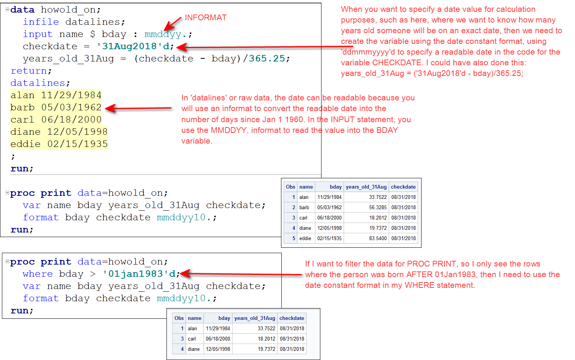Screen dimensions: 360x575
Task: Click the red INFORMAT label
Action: [205, 18]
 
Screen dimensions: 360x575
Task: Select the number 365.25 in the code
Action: [267, 58]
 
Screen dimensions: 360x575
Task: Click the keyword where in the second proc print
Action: [37, 274]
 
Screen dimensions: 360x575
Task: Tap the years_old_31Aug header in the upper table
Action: [366, 187]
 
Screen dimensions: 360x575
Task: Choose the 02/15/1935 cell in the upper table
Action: [329, 238]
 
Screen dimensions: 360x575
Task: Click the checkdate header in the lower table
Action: [292, 318]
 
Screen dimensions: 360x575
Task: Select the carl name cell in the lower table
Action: [192, 339]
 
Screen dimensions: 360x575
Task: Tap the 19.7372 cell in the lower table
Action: [266, 349]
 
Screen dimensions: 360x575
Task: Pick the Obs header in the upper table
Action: [291, 187]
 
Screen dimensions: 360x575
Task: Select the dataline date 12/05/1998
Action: [78, 132]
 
